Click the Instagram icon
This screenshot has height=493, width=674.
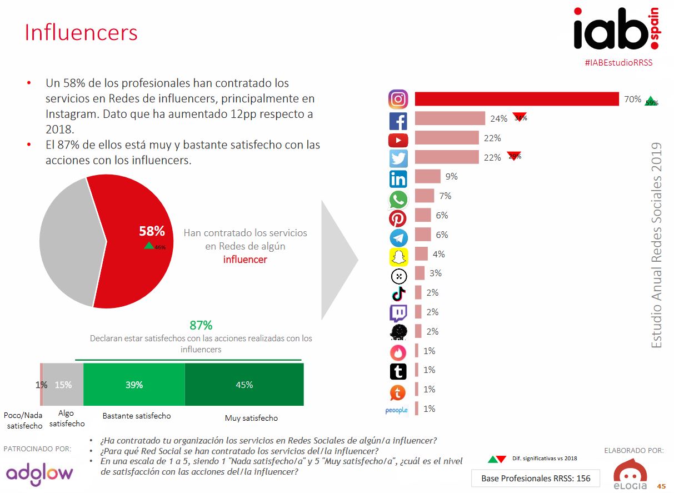[x=398, y=99]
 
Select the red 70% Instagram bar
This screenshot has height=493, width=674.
[x=517, y=99]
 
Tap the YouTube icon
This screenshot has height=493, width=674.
[x=398, y=140]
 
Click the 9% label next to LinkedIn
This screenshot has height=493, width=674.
[x=451, y=177]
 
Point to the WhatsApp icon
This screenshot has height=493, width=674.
[x=398, y=199]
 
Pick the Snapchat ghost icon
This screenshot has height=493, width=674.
[x=398, y=256]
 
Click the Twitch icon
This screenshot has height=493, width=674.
[x=398, y=313]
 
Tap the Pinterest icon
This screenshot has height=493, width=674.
[x=398, y=218]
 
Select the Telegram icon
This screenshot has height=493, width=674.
[x=398, y=237]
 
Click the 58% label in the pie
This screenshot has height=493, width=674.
[x=152, y=231]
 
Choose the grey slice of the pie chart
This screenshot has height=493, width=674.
[x=67, y=239]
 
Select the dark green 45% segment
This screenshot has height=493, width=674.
[x=244, y=385]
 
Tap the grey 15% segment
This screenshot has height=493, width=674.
[x=63, y=385]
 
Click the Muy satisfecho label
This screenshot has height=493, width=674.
[x=251, y=418]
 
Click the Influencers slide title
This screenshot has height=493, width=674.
[x=81, y=32]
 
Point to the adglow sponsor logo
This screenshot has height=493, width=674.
[x=39, y=473]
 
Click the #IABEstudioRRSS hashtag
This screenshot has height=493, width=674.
[x=618, y=63]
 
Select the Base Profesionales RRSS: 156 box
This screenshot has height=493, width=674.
[x=536, y=478]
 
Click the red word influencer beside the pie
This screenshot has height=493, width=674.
[x=245, y=260]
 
